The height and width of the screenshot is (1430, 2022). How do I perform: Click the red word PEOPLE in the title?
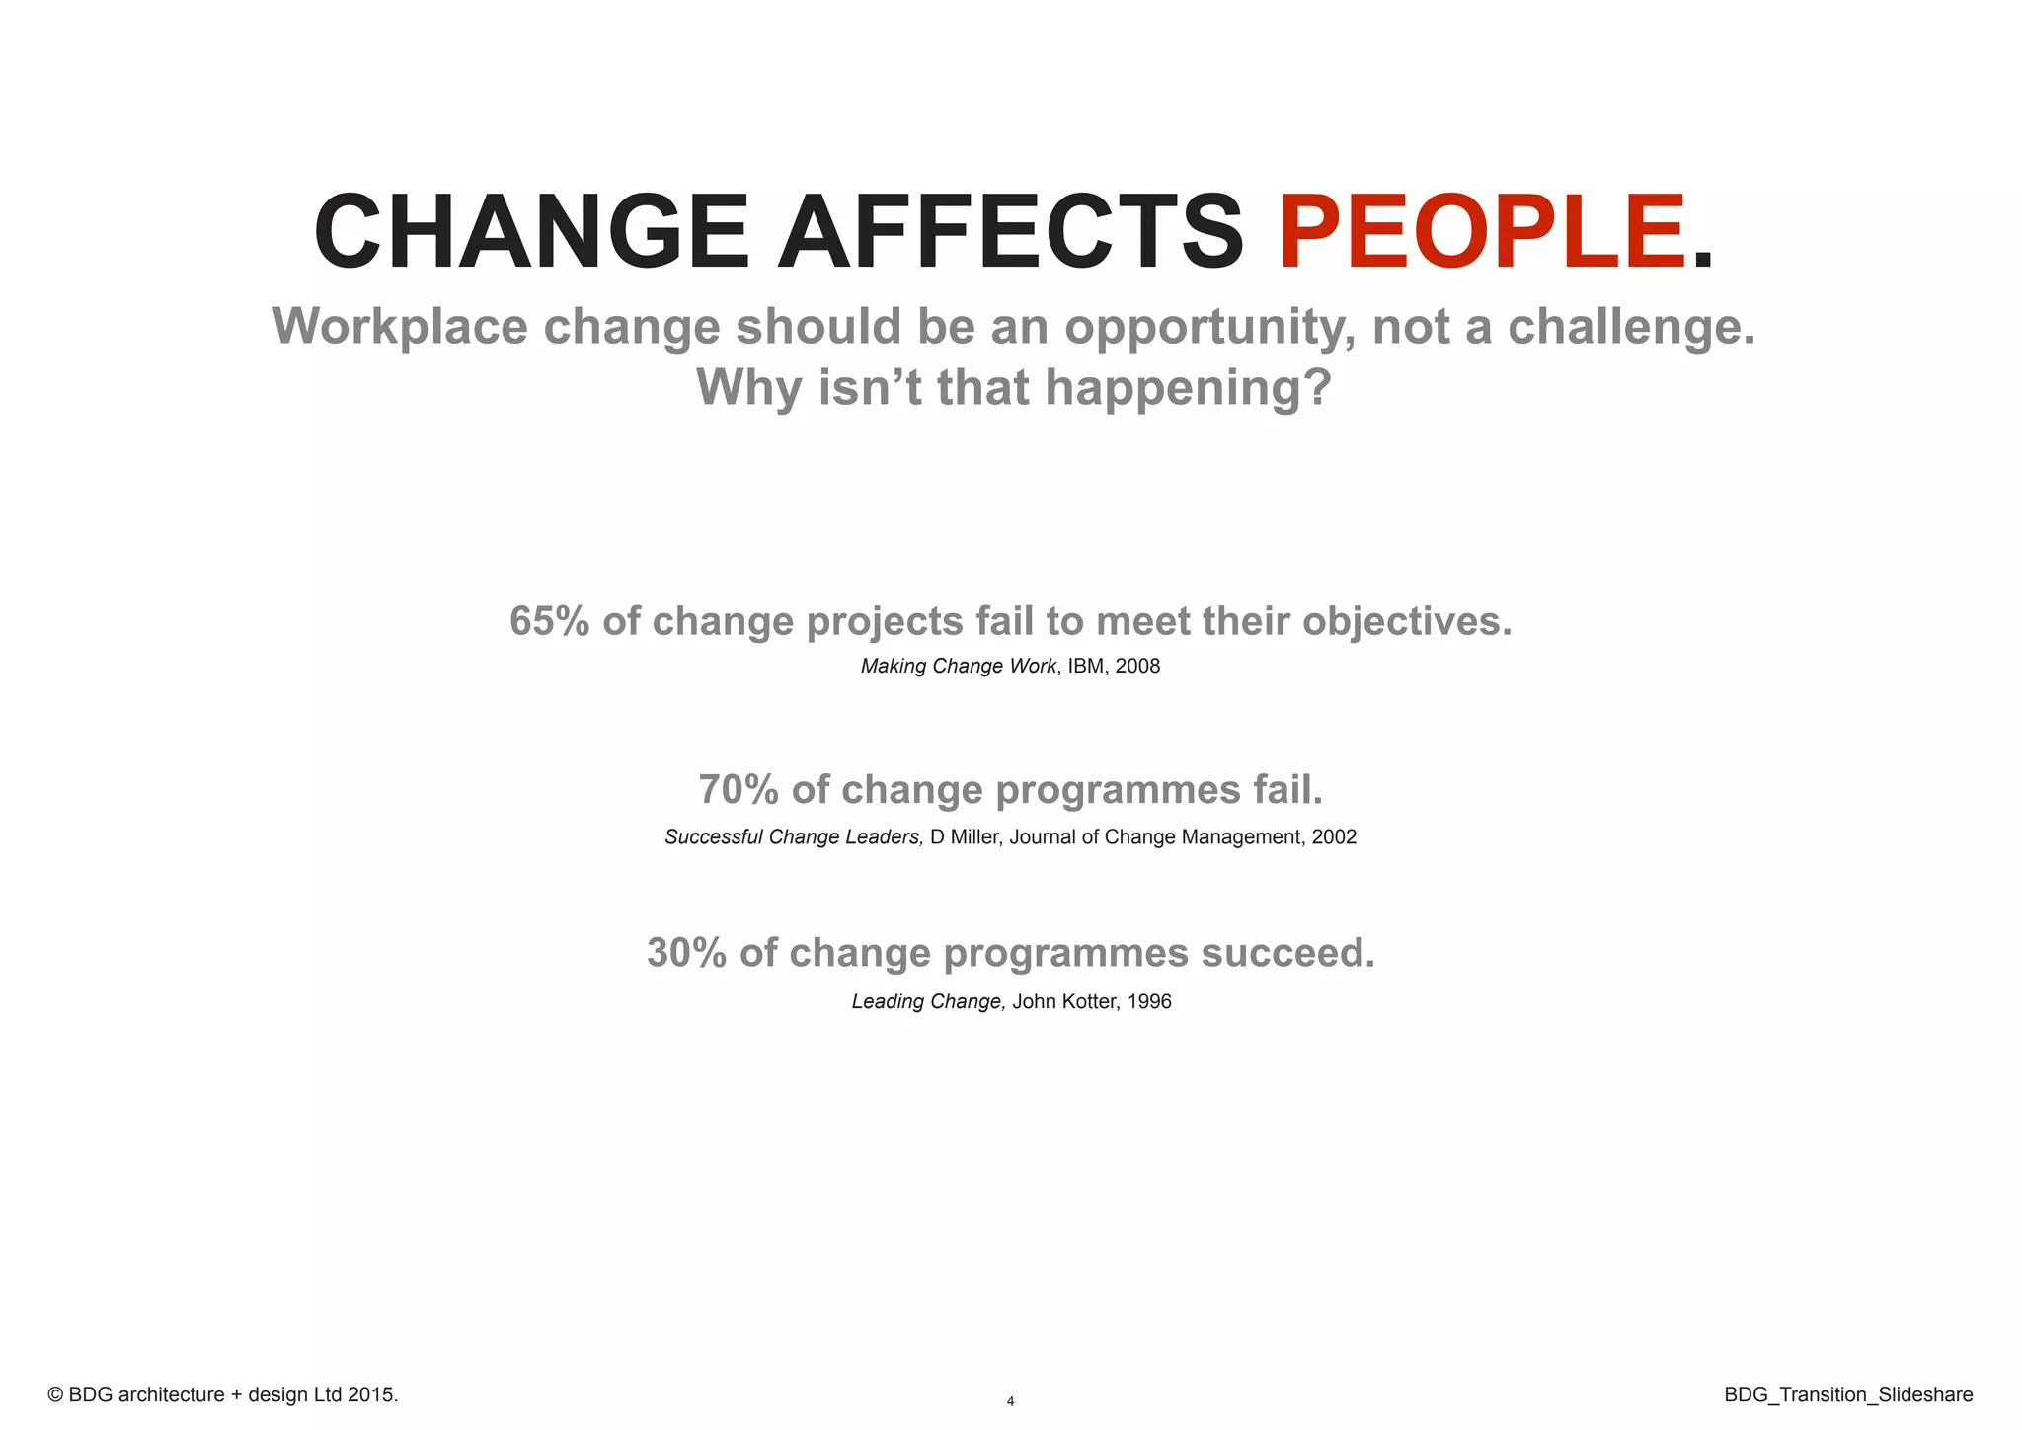click(x=1481, y=233)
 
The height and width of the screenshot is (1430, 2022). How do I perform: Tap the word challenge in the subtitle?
click(x=1630, y=327)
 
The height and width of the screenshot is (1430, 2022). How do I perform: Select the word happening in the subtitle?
click(x=1188, y=388)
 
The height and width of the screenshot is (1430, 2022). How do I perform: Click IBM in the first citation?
click(x=1085, y=667)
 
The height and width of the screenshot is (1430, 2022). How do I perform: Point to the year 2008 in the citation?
click(x=1137, y=667)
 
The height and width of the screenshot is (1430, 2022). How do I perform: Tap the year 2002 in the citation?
click(x=1334, y=837)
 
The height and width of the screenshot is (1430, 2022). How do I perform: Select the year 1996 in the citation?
click(x=1149, y=1002)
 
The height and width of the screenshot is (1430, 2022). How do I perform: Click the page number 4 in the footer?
click(x=1010, y=1401)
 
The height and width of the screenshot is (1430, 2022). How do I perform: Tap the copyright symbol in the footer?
click(x=55, y=1395)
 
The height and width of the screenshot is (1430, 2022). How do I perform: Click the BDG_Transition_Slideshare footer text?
click(x=1848, y=1395)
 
